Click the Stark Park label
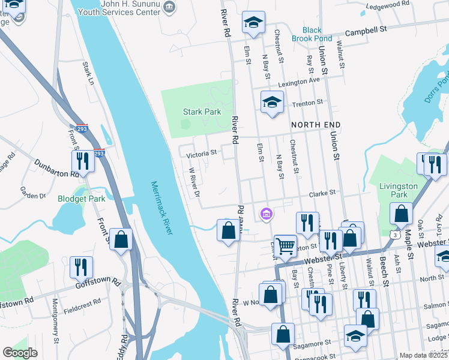[202, 112]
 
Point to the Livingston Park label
[398, 190]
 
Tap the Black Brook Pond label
[312, 34]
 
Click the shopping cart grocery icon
[285, 245]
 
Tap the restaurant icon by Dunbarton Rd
[82, 160]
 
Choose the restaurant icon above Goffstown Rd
[81, 266]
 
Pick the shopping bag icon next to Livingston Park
[401, 213]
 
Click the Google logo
[20, 353]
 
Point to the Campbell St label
[366, 28]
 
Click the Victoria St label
[201, 154]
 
